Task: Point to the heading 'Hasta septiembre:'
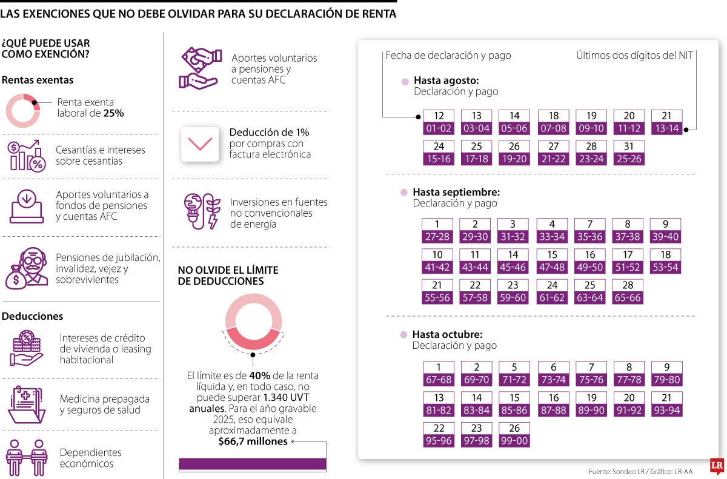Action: click(x=456, y=192)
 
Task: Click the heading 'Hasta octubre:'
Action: click(x=447, y=334)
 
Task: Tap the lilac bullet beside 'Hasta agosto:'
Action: click(x=405, y=82)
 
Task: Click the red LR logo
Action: click(x=717, y=466)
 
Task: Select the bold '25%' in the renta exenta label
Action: click(x=114, y=113)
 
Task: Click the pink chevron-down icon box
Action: click(x=200, y=144)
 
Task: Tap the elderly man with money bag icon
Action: click(x=27, y=268)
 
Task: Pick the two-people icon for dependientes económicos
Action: click(x=27, y=458)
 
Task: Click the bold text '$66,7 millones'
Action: click(x=253, y=441)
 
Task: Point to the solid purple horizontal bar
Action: click(x=253, y=464)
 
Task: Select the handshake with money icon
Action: click(x=201, y=68)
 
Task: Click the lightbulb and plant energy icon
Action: click(x=202, y=211)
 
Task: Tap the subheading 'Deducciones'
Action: click(x=33, y=316)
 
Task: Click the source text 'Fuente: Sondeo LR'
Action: click(x=611, y=472)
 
